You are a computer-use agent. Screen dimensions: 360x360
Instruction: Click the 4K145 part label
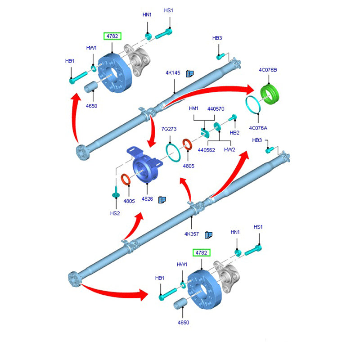[173, 72]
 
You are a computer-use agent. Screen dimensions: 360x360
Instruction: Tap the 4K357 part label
[192, 234]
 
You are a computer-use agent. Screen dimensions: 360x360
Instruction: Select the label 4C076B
[268, 70]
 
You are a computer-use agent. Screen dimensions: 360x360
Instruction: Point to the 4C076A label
[259, 128]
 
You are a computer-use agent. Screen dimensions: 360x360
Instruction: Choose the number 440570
[216, 108]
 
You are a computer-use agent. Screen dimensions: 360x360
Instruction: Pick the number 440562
[207, 149]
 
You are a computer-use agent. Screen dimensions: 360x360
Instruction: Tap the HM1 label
[194, 108]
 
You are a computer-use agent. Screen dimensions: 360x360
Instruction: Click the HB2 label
[234, 133]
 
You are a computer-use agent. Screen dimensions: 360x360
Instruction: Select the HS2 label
[116, 213]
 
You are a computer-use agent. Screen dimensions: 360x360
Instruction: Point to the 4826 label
[148, 198]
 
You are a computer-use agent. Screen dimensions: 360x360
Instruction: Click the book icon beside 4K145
[190, 73]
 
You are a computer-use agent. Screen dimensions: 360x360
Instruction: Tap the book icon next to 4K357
[208, 234]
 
